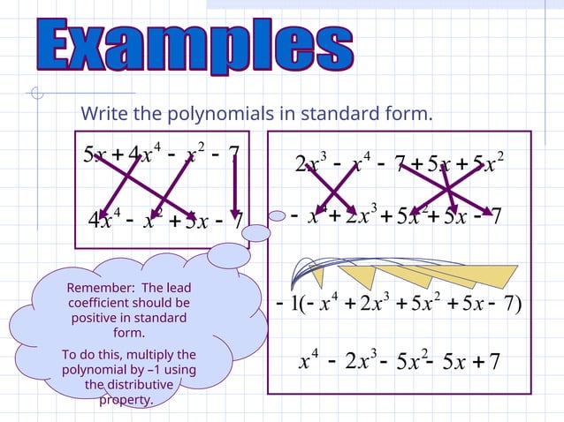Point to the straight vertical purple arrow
point(236,186)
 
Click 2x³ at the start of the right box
point(311,163)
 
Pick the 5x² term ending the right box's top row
point(488,163)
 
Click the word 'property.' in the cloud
point(126,400)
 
